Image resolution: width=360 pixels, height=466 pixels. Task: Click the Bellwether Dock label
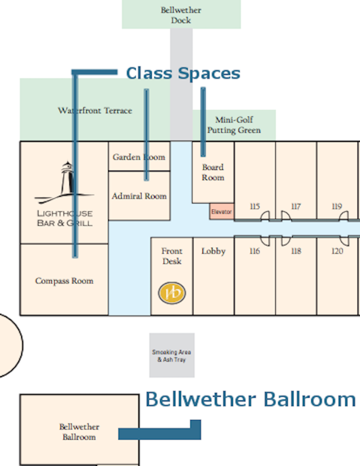[181, 15]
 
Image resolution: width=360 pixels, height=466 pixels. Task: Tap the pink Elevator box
[222, 212]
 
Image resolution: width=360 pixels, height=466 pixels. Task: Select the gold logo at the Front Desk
[172, 293]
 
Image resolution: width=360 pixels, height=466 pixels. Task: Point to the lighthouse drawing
[65, 183]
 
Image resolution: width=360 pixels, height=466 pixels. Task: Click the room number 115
[255, 207]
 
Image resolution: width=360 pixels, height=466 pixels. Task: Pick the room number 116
[255, 251]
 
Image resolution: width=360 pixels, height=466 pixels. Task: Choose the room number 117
[296, 207]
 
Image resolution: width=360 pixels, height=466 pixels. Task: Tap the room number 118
[296, 251]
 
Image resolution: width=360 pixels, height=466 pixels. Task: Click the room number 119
[337, 207]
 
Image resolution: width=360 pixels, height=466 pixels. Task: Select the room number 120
[337, 251]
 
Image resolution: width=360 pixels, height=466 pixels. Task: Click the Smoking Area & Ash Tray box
[172, 355]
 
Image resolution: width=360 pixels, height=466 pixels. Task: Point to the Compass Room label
[64, 281]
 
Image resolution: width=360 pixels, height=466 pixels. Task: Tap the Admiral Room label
[139, 196]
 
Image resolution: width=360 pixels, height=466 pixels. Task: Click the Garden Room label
[139, 157]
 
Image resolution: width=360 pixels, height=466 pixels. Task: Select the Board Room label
[213, 172]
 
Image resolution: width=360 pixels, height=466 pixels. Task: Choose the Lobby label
[214, 251]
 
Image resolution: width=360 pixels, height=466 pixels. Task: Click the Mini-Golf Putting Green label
[234, 125]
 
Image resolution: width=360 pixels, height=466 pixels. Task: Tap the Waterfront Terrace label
[95, 111]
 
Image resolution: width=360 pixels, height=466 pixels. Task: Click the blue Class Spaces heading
[184, 74]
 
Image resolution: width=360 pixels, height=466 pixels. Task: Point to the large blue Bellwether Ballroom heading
[251, 399]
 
